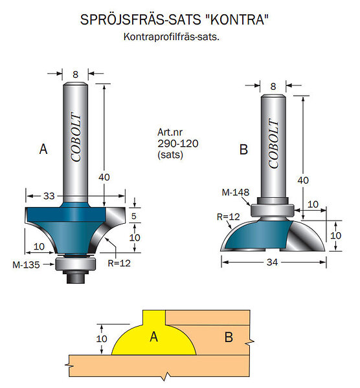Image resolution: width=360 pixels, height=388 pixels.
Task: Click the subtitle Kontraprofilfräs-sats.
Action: click(172, 37)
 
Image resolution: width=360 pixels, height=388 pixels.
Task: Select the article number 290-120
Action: click(178, 144)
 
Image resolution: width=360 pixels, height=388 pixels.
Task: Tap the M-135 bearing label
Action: click(26, 264)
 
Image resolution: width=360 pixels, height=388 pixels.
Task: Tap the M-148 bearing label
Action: click(236, 192)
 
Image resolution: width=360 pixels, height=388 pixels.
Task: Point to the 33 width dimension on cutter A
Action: click(49, 196)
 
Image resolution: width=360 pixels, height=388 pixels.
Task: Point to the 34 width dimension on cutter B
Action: click(273, 262)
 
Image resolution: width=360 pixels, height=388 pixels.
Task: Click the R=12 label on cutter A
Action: click(119, 263)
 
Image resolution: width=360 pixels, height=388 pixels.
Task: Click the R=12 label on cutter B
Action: click(228, 217)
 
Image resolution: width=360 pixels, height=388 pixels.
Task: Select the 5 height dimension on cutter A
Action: click(134, 216)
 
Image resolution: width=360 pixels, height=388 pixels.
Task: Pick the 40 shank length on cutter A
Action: click(104, 177)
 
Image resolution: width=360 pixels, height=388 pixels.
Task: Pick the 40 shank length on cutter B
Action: click(303, 180)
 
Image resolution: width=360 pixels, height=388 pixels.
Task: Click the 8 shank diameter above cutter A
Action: click(75, 74)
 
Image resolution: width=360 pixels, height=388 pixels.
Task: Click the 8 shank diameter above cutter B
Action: click(273, 87)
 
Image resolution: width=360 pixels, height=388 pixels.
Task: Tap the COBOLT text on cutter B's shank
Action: click(273, 144)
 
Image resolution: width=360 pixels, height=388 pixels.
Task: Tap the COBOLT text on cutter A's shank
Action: click(76, 137)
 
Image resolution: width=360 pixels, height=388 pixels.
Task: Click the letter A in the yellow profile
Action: click(153, 337)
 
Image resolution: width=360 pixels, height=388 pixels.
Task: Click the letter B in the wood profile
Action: click(229, 337)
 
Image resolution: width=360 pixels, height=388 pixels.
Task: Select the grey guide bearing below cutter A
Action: click(75, 264)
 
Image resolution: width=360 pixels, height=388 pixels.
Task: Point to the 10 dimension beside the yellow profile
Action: click(102, 338)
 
